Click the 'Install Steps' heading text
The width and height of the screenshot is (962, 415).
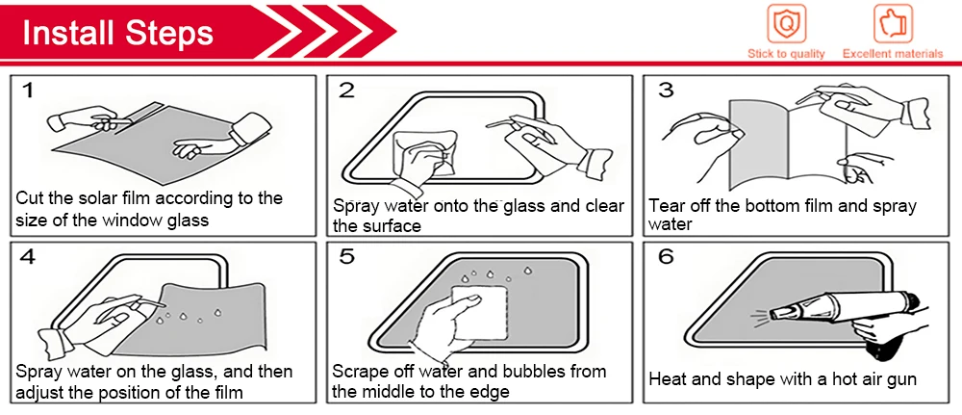(117, 32)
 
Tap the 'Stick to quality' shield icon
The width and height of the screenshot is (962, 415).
(786, 23)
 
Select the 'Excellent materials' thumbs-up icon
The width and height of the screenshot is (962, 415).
(893, 23)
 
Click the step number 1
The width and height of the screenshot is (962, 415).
(28, 91)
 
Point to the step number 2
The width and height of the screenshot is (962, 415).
(346, 91)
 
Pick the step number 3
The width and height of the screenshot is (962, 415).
(665, 91)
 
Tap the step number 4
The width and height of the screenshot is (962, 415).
(28, 256)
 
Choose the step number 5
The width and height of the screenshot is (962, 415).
(346, 256)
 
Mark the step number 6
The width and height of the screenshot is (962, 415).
(665, 256)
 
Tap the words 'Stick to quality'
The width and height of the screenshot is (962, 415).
(786, 54)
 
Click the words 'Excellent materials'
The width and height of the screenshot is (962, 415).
(893, 54)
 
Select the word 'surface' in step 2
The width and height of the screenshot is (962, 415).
(393, 226)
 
